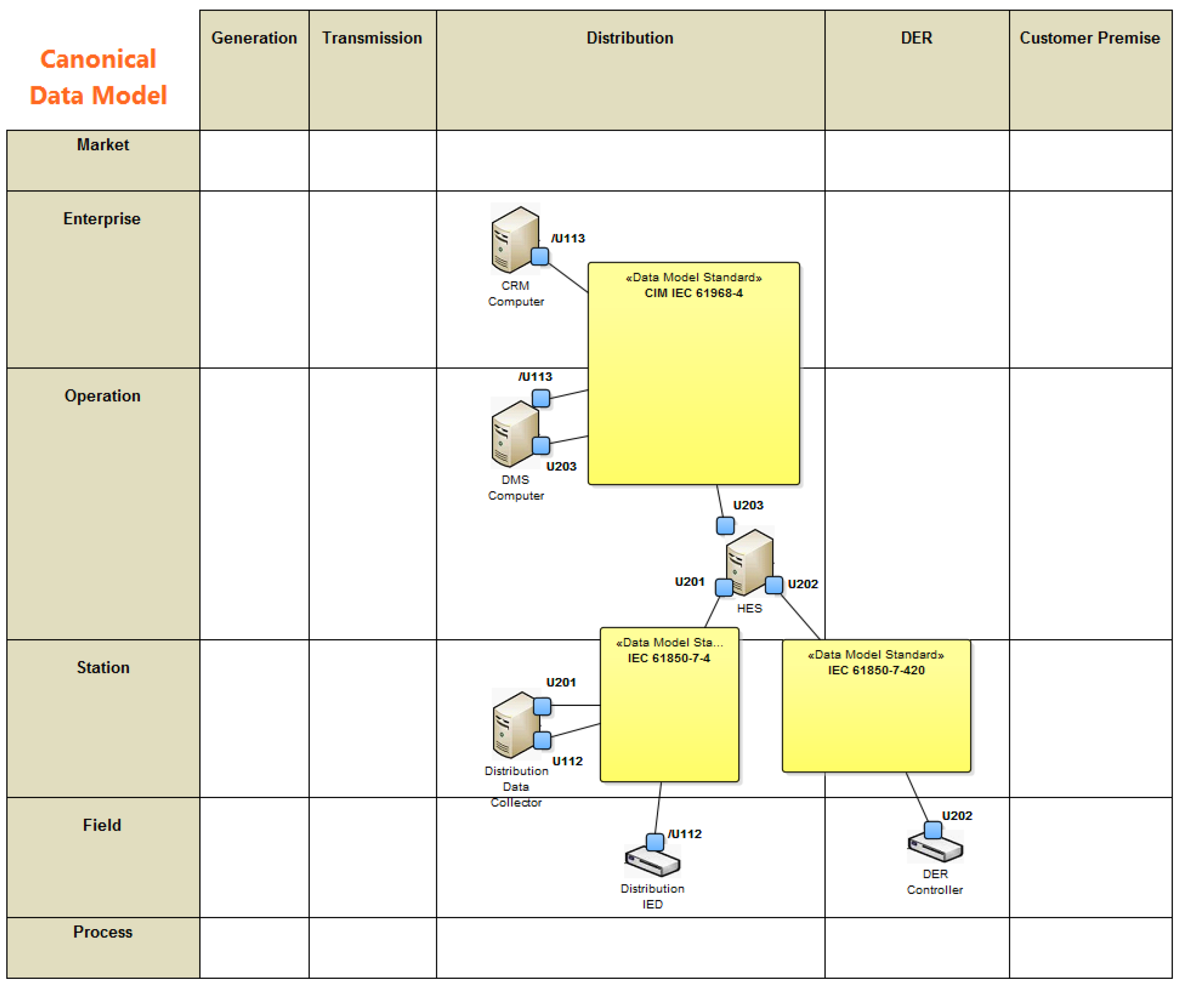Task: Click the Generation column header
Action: [254, 38]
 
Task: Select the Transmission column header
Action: [372, 38]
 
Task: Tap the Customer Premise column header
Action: [1089, 38]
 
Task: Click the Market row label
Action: [103, 145]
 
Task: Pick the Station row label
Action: [103, 668]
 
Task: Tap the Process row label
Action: [103, 932]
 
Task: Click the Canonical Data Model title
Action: [98, 77]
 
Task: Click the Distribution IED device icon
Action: [652, 861]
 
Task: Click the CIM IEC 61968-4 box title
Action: [693, 293]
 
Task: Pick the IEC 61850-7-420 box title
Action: [876, 670]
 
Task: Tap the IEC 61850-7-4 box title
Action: [669, 658]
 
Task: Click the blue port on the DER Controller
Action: [933, 830]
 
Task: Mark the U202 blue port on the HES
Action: [774, 585]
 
